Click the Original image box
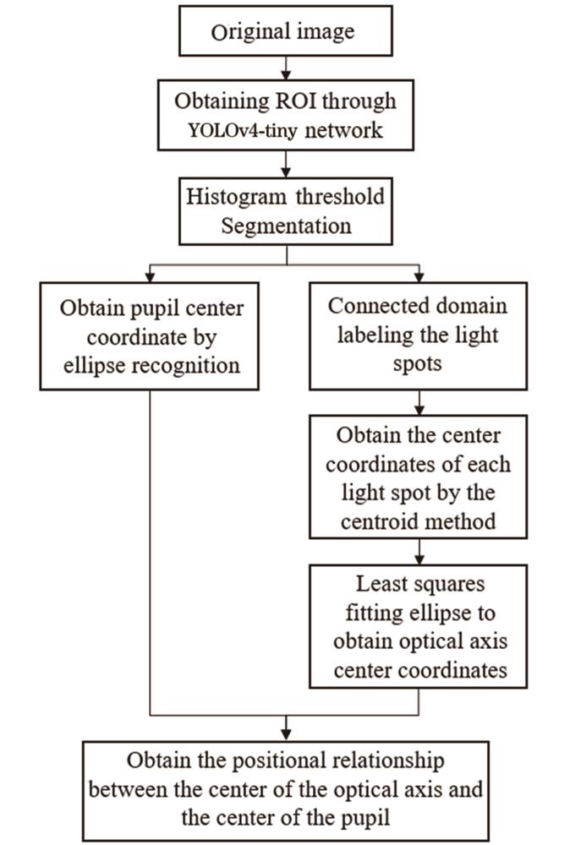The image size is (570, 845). [x=285, y=33]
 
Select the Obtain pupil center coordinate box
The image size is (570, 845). [x=150, y=336]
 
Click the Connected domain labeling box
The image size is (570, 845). [x=419, y=336]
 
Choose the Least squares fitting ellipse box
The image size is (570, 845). [x=419, y=624]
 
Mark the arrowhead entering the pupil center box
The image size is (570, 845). [x=150, y=276]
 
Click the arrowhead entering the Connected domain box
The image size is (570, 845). [x=419, y=276]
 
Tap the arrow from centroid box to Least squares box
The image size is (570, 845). [x=419, y=552]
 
